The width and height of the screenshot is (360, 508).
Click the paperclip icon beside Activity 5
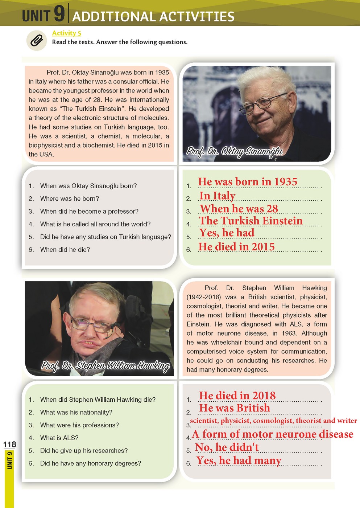pos(36,40)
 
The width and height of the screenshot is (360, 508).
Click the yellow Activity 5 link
pos(66,33)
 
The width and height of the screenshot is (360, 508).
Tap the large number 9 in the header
pos(59,14)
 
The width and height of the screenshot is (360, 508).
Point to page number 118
pos(9,444)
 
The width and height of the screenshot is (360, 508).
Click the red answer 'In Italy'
pos(217,196)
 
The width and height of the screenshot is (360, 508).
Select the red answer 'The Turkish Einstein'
pos(251,221)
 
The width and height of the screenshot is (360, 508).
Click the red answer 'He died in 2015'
pos(236,247)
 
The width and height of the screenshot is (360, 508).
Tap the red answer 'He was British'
pos(234,408)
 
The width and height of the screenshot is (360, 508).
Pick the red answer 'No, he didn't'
pos(227,447)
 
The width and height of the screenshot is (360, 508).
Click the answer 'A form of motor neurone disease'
pos(272,434)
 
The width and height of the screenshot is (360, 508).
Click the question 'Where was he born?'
pos(69,198)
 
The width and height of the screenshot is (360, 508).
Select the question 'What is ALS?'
pos(59,438)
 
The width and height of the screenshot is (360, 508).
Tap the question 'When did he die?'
pos(65,250)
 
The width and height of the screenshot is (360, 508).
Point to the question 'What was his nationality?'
pos(76,412)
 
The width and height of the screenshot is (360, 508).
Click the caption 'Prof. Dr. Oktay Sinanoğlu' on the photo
pos(234,151)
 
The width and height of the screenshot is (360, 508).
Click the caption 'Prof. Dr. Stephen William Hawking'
pos(105,365)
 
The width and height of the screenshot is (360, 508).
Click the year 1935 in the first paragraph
pos(162,73)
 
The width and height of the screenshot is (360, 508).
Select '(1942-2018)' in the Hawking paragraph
pos(203,297)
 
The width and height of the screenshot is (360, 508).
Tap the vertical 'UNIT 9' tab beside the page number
pos(10,460)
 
